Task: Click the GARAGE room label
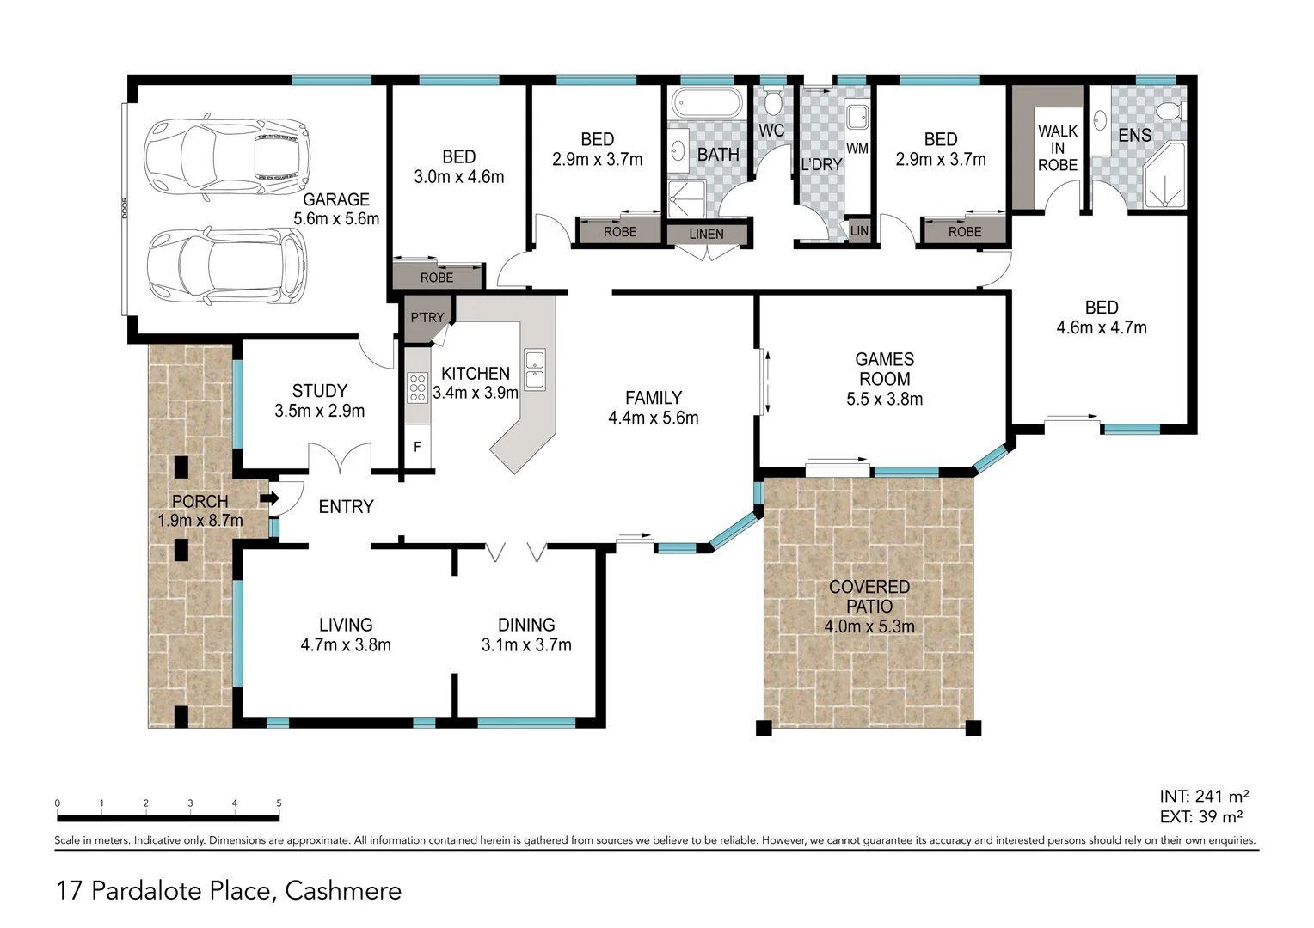[336, 199]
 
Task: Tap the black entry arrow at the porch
[270, 498]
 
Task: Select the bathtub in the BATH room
[707, 103]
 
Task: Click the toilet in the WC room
[772, 101]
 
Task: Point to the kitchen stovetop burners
[418, 388]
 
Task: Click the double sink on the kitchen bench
[534, 369]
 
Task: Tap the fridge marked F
[418, 447]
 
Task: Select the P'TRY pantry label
[427, 318]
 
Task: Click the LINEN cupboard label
[706, 235]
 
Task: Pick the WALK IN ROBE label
[1058, 149]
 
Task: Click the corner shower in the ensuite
[1164, 175]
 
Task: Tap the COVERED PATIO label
[869, 597]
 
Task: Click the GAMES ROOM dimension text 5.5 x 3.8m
[885, 400]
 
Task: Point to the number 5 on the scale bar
[279, 803]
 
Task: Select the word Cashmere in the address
[343, 891]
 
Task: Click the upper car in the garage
[227, 157]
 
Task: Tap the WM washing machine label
[857, 149]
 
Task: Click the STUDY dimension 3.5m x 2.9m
[320, 411]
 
